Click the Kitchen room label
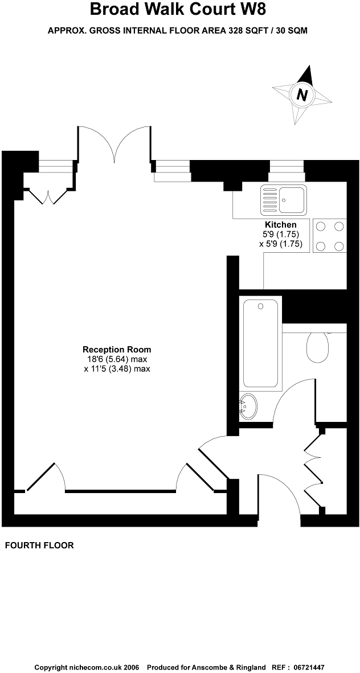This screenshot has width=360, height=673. pyautogui.click(x=280, y=225)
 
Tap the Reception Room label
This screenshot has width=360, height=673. pyautogui.click(x=117, y=350)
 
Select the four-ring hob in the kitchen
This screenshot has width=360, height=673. pyautogui.click(x=330, y=236)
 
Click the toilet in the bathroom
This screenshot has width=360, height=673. pyautogui.click(x=317, y=347)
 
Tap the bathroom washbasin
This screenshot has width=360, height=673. pyautogui.click(x=248, y=407)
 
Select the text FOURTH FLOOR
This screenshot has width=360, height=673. pyautogui.click(x=39, y=545)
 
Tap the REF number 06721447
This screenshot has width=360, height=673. pyautogui.click(x=309, y=667)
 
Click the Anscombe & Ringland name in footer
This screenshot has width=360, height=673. pyautogui.click(x=232, y=667)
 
